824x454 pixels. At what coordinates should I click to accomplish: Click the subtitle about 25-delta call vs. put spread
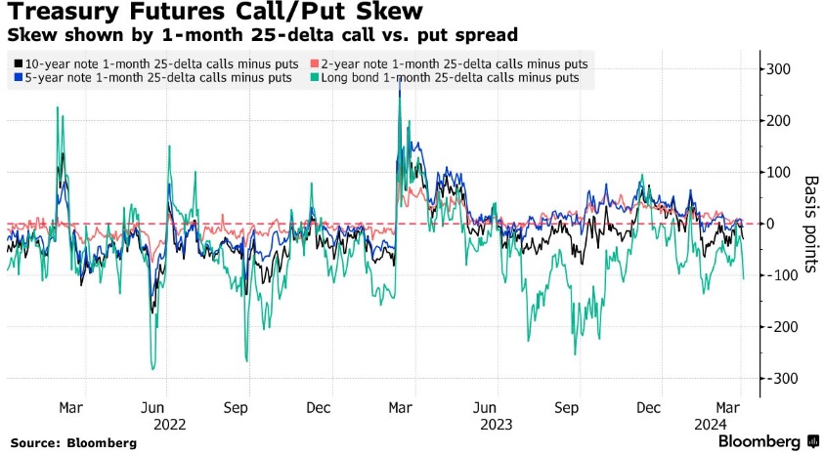pyautogui.click(x=262, y=35)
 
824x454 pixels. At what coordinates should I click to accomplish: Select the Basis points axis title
pyautogui.click(x=810, y=223)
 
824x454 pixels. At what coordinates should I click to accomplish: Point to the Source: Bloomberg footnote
pyautogui.click(x=72, y=442)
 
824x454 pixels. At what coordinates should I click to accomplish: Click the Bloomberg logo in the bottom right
pyautogui.click(x=768, y=441)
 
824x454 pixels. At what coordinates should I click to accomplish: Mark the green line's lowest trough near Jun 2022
pyautogui.click(x=153, y=369)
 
